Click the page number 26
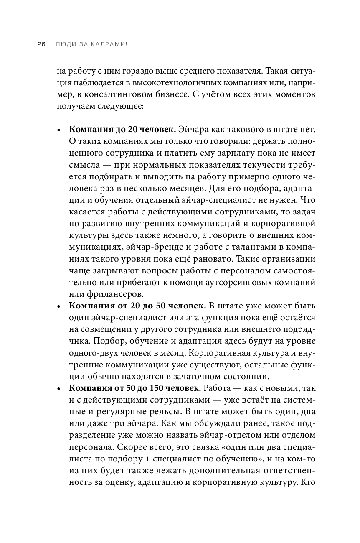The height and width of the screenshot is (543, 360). pyautogui.click(x=41, y=45)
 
